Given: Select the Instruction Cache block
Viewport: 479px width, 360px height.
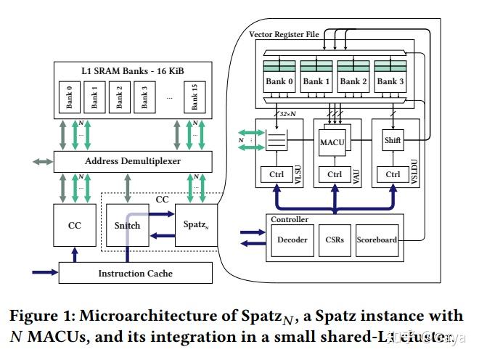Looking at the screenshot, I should pyautogui.click(x=135, y=273).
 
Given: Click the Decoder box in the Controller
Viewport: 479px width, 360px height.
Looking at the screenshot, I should pyautogui.click(x=292, y=240).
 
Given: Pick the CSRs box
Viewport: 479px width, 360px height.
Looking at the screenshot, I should pyautogui.click(x=335, y=240).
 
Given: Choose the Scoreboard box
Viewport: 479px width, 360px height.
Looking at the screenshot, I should pyautogui.click(x=377, y=240).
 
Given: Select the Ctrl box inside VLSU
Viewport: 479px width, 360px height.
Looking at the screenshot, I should pyautogui.click(x=276, y=174).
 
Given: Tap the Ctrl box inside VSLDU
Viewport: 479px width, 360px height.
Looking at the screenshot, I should pyautogui.click(x=393, y=174).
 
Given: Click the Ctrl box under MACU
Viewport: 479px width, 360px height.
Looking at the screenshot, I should pyautogui.click(x=335, y=174).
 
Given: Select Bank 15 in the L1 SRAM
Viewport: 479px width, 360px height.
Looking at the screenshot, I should pyautogui.click(x=194, y=97).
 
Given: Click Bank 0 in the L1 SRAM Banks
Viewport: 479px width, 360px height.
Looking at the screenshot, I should pyautogui.click(x=70, y=97).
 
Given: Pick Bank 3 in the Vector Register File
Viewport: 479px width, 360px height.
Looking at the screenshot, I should pyautogui.click(x=390, y=81).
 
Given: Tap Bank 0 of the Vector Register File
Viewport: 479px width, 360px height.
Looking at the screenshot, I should pyautogui.click(x=279, y=81).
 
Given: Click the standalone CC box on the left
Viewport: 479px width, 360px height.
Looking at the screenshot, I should pyautogui.click(x=75, y=225).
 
